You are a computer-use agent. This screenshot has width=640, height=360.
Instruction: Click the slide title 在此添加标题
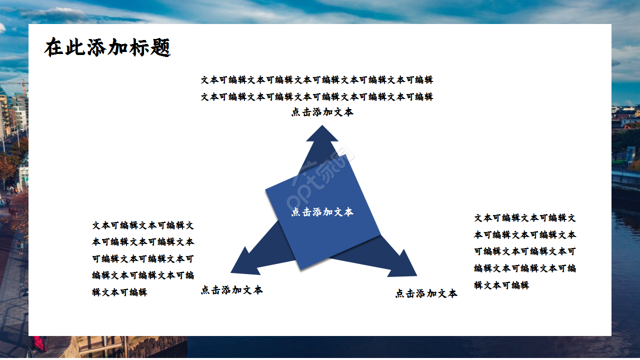[x=107, y=48]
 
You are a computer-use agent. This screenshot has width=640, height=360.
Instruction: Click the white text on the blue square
[x=322, y=212]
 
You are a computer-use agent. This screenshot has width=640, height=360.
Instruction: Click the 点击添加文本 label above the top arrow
[x=322, y=112]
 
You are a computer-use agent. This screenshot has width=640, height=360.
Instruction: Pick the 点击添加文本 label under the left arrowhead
[x=231, y=290]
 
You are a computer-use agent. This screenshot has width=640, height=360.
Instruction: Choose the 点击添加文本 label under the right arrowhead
[x=426, y=293]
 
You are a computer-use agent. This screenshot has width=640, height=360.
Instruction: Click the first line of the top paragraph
[x=317, y=80]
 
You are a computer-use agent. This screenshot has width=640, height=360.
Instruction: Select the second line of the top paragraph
[x=317, y=96]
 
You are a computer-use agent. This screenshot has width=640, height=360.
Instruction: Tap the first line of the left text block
[x=143, y=225]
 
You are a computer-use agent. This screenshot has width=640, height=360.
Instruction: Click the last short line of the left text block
[x=119, y=292]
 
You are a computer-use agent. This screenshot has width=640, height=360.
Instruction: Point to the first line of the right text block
[x=525, y=218]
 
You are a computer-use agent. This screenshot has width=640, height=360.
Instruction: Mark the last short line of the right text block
[x=501, y=285]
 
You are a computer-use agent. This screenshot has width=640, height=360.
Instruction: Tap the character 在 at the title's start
[x=54, y=48]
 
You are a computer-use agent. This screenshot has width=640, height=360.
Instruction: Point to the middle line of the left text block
[x=143, y=259]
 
